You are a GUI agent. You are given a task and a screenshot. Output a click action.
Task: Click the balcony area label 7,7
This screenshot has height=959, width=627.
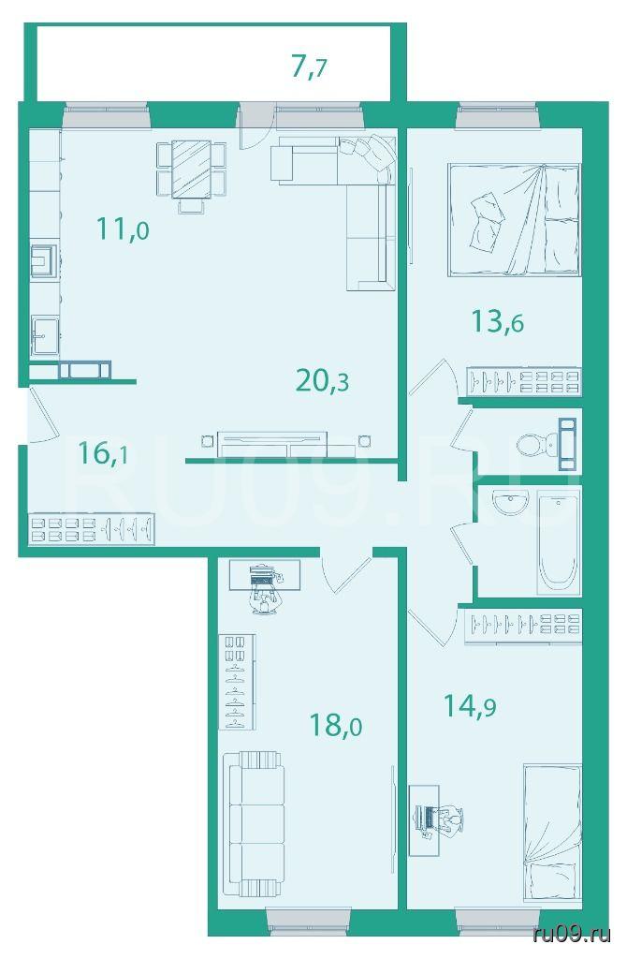[x=309, y=66]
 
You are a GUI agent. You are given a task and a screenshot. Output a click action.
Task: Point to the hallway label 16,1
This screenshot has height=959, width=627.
[x=103, y=453]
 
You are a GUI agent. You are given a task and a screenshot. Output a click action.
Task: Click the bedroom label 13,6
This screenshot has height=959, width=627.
[x=498, y=321]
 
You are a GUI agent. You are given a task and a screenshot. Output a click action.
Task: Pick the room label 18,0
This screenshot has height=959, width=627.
[x=336, y=726]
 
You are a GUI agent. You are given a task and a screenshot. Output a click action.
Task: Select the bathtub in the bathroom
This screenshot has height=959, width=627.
[x=557, y=544]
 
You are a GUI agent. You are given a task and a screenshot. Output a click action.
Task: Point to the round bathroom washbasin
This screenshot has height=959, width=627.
[x=510, y=504]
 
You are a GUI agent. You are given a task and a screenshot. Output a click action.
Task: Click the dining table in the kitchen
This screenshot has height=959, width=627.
[x=191, y=170]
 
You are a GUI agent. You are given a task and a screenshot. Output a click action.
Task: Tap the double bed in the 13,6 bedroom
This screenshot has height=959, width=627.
[x=514, y=219]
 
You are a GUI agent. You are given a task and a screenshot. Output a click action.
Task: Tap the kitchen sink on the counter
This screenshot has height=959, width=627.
[x=45, y=335]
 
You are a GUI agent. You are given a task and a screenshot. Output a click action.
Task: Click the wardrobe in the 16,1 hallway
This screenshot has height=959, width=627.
[x=92, y=528]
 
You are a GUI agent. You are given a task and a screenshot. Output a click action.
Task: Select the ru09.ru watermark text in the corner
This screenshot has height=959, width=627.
[x=572, y=934]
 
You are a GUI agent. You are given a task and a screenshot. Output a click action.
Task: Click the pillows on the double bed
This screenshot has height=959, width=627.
[x=487, y=216]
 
